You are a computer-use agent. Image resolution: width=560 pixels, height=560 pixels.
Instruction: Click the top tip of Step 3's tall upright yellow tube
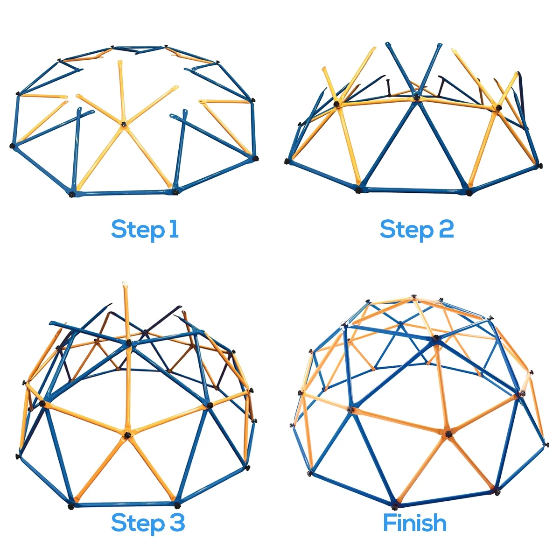point(125,282)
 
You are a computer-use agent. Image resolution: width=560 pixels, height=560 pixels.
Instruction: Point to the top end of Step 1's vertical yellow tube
point(119,62)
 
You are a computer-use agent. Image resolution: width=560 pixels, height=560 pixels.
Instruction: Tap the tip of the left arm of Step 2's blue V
point(387,44)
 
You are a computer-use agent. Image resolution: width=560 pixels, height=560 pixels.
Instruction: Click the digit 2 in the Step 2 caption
point(446,229)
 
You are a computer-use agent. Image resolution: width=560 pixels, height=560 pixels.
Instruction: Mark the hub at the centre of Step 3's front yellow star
point(127,435)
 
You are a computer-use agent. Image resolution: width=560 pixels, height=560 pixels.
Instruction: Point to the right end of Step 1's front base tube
point(175,192)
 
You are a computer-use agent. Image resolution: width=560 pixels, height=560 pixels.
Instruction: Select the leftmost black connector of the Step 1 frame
point(13,145)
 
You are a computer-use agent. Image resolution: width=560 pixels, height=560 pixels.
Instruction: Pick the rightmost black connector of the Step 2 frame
point(540,166)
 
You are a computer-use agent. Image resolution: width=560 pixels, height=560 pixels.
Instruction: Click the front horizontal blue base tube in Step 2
point(413,190)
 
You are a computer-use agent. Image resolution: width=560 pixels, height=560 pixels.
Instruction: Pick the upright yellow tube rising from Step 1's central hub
point(121,93)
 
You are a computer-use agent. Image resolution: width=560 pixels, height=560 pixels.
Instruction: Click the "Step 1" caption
point(145,230)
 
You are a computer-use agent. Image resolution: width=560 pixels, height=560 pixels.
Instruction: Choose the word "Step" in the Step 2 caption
point(406,230)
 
